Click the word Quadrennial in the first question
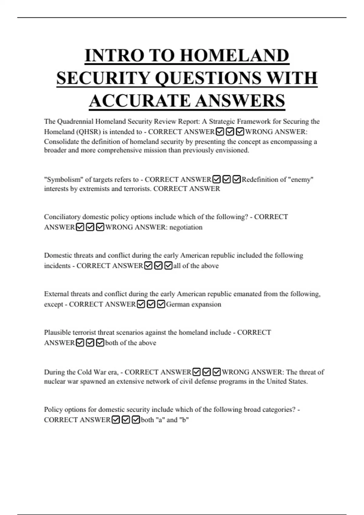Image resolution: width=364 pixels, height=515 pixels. [75, 121]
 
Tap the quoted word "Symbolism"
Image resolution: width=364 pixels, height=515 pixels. [63, 179]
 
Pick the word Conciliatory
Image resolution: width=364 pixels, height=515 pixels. [62, 217]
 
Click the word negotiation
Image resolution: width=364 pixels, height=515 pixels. [186, 227]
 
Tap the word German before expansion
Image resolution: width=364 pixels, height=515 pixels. [178, 304]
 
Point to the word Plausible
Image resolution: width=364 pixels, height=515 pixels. [57, 332]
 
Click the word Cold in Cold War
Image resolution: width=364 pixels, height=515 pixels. [84, 372]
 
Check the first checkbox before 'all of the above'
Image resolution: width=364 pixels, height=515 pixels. [148, 266]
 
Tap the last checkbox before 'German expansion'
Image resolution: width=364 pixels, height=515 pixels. [161, 304]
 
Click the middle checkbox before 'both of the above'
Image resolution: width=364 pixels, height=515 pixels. [90, 343]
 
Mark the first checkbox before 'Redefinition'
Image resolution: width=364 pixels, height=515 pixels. [217, 179]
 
